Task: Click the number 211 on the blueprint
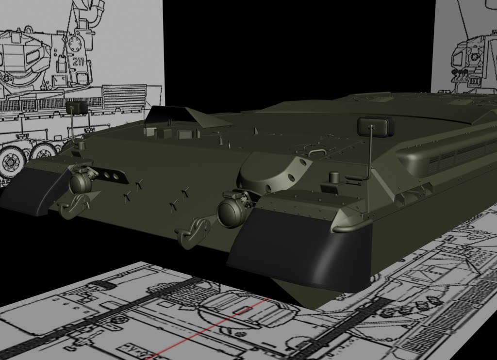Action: click(x=78, y=62)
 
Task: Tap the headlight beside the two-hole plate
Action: click(x=81, y=182)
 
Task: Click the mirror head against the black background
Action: click(x=376, y=127)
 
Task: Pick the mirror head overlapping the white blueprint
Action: click(x=77, y=107)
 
